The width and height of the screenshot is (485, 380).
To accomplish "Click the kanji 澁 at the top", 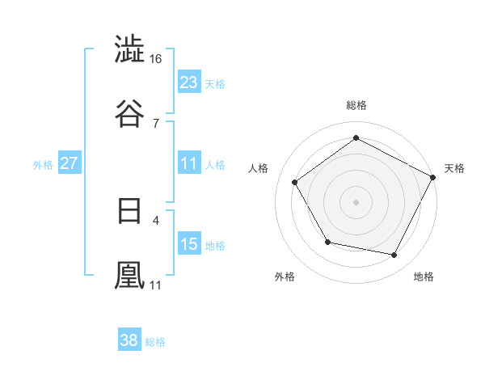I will pos(130,51).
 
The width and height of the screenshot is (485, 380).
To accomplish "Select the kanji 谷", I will pos(130,113).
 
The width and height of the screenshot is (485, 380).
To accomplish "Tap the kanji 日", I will pos(130,212).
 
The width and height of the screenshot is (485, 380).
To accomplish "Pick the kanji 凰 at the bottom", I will pos(130,275).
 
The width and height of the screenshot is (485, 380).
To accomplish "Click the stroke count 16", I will pos(156,60).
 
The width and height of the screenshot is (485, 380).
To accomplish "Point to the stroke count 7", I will pos(156,123).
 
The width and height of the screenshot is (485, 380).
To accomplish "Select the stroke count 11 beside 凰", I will pos(156,285).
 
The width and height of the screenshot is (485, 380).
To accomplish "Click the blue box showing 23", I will pos(189,82).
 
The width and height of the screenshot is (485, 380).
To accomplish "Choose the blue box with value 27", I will pos(70,163).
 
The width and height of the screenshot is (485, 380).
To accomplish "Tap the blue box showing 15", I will pos(189,244).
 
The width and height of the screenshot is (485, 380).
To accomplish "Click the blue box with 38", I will pos(129,340).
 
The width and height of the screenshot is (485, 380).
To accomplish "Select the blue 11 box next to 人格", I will pos(189,163).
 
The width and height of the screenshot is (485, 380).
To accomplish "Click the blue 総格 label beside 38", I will pos(155,342).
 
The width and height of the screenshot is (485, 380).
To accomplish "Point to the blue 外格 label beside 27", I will pos(43,164).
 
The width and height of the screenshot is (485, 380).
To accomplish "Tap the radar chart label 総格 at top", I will pos(356,105).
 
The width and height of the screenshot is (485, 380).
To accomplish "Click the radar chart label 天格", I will pos(454,168).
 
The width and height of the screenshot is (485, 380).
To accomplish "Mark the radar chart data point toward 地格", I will pos(394,255).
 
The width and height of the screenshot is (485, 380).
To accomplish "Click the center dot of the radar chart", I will pos(356,201).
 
